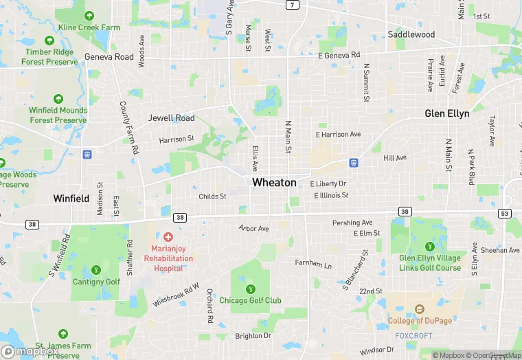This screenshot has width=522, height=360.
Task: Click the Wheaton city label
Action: coord(274,183)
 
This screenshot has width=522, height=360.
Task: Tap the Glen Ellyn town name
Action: coord(446,113)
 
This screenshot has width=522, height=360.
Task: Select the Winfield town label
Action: coord(71,199)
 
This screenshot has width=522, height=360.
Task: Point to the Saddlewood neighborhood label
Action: coord(411,34)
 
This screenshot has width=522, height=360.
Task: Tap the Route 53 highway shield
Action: coord(506,214)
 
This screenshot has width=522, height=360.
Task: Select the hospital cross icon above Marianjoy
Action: coord(168,237)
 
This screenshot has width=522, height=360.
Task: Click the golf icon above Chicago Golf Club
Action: coord(250,289)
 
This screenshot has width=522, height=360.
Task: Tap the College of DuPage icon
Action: coord(420,309)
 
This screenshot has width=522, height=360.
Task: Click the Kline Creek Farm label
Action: coord(89,27)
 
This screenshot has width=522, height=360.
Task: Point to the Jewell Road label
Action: coord(171,118)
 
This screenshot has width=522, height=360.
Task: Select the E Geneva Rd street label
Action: coord(339,55)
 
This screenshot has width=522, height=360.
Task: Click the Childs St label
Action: coord(212,196)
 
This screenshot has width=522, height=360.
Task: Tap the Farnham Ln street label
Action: coord(313,265)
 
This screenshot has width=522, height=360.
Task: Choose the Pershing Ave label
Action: coord(352,223)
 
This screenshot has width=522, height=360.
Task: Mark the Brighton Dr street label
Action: coord(253,336)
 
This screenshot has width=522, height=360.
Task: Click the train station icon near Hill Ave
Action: coord(354,163)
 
